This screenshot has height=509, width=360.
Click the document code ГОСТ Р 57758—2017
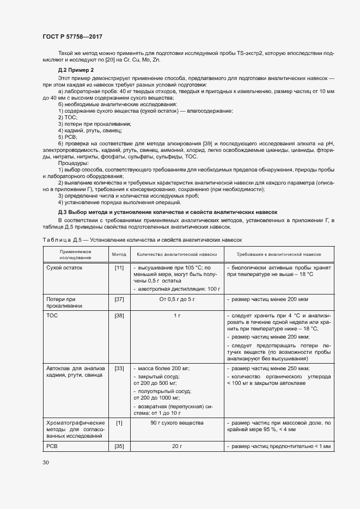[x=72, y=37]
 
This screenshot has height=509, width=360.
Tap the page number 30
[x=46, y=462]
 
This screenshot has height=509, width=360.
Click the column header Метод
[x=119, y=254]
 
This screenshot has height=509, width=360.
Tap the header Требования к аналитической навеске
[x=278, y=254]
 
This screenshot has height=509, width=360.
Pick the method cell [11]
[x=119, y=268]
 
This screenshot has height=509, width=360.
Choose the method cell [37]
[x=119, y=299]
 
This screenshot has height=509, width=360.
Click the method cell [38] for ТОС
[x=119, y=315]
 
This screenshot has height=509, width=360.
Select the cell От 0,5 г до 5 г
[x=177, y=299]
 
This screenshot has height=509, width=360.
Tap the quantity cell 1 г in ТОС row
[x=177, y=315]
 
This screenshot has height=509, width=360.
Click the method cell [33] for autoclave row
[x=119, y=369]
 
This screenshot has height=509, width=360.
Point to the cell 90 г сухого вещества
[x=177, y=422]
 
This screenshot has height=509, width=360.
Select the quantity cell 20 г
[x=177, y=446]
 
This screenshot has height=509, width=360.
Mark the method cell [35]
[x=119, y=446]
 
